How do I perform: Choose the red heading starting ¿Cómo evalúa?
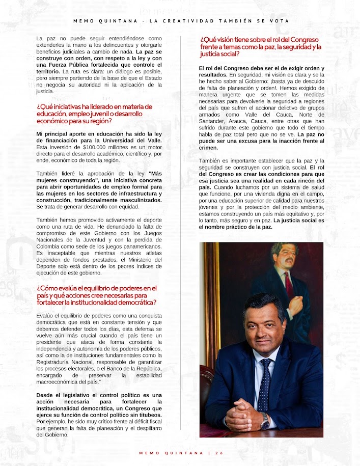97,295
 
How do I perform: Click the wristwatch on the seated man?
265,420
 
